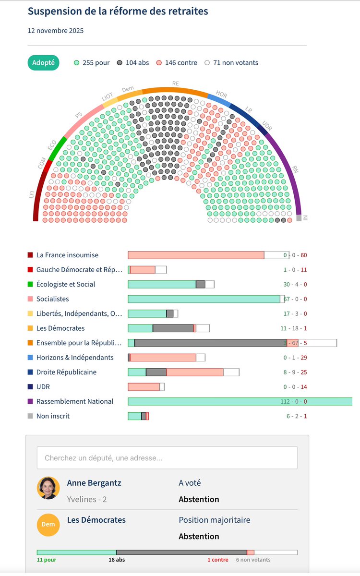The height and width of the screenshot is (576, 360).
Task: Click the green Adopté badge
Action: [43, 62]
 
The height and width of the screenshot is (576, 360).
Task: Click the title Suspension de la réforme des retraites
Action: [118, 11]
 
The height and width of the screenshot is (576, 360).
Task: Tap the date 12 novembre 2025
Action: [56, 31]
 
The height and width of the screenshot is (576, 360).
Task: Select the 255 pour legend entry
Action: [92, 62]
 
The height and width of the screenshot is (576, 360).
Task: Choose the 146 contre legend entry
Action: [177, 62]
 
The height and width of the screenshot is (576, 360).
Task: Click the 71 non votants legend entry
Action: [231, 62]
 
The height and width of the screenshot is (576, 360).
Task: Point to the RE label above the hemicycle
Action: [176, 84]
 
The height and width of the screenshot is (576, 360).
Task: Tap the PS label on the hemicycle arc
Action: [78, 115]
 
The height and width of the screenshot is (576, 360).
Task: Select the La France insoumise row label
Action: [67, 255]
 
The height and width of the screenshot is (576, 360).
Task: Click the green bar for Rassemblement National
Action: [240, 401]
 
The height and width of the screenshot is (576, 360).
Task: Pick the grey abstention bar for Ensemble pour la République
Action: [210, 343]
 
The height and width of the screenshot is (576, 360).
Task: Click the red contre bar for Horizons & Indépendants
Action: [163, 358]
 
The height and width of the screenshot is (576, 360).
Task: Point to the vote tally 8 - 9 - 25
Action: [295, 372]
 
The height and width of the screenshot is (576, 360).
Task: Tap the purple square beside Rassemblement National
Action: [30, 401]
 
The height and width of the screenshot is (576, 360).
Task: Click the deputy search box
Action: [167, 458]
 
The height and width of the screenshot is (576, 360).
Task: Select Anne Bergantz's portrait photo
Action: [48, 488]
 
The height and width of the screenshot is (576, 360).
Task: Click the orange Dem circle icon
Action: [48, 524]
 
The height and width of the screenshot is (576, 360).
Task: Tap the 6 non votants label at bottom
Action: [253, 560]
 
